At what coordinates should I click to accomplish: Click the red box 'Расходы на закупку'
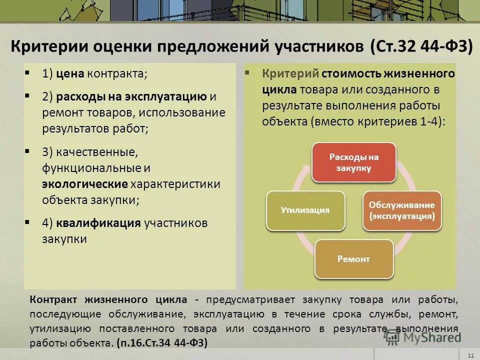pyautogui.click(x=354, y=162)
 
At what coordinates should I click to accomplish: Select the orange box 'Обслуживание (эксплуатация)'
pyautogui.click(x=402, y=210)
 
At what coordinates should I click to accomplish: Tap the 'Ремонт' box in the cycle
pyautogui.click(x=354, y=259)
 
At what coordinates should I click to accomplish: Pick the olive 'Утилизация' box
pyautogui.click(x=306, y=210)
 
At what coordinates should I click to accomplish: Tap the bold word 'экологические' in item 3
pyautogui.click(x=85, y=184)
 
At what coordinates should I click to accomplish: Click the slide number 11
pyautogui.click(x=470, y=355)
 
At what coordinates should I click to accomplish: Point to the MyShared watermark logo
pyautogui.click(x=423, y=336)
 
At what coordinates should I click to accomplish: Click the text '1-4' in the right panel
pyautogui.click(x=428, y=121)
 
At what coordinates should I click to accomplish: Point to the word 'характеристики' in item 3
pyautogui.click(x=175, y=184)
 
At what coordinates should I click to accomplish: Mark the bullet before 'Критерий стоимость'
pyautogui.click(x=247, y=73)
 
